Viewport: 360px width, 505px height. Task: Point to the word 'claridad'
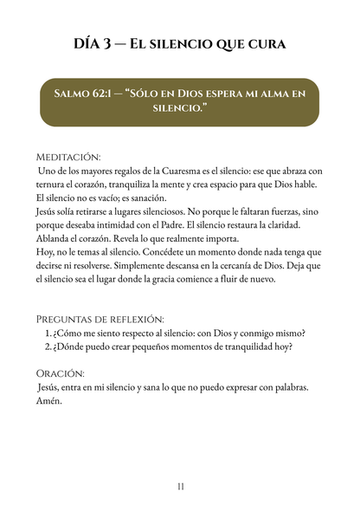303,226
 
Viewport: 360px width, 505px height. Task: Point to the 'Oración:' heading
61,372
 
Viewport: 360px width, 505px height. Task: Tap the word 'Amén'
50,402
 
